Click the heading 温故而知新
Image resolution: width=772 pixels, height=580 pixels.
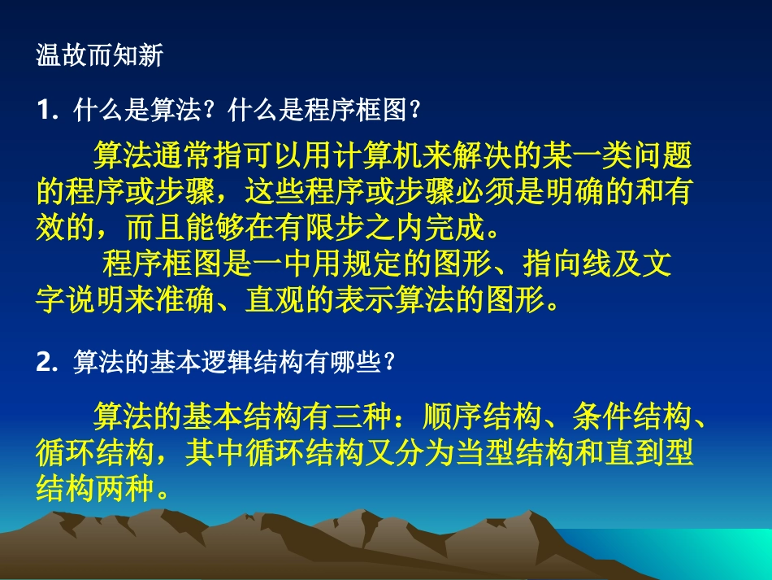pos(100,55)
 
